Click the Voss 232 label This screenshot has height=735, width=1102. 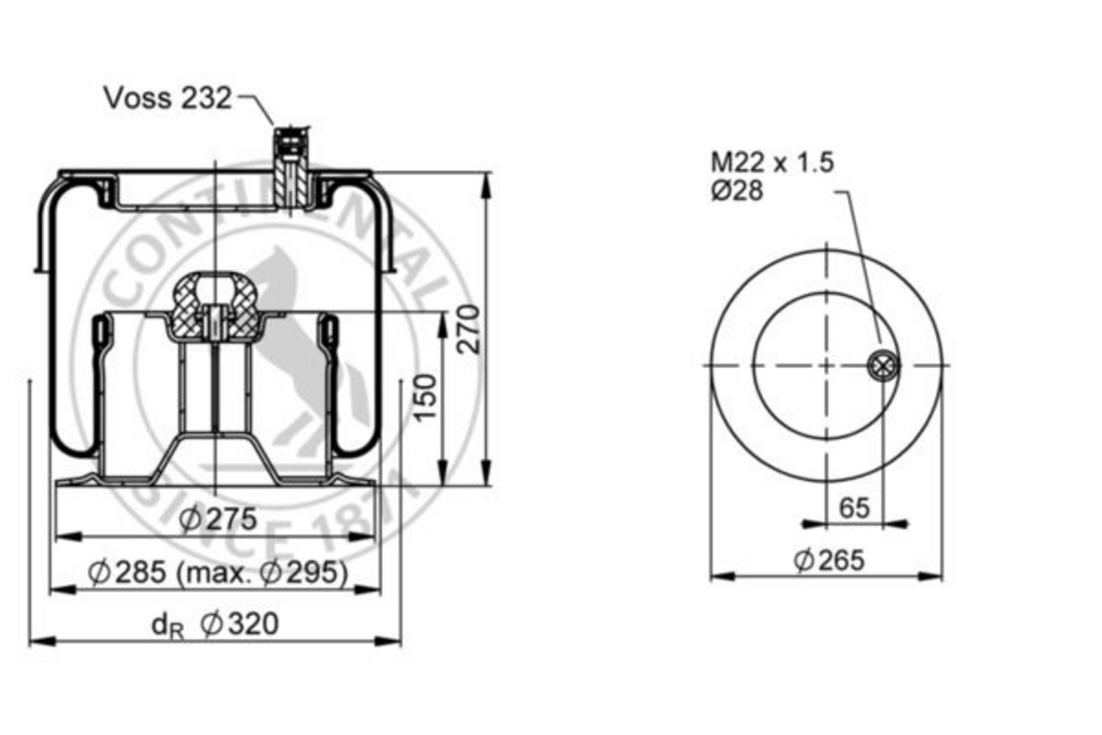tap(168, 98)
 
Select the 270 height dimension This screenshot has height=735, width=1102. tap(469, 329)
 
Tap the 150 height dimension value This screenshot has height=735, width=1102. tap(425, 398)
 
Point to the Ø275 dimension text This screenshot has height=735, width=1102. tap(218, 519)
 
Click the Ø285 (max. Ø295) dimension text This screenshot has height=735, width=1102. tap(218, 572)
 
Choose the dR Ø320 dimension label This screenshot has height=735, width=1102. tap(215, 625)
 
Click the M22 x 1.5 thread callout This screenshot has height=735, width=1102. tap(772, 162)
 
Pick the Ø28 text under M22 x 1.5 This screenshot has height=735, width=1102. tap(737, 191)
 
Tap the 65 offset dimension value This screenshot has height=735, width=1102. tap(854, 508)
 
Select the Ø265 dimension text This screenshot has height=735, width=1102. tap(829, 561)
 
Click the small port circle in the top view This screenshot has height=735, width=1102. tap(882, 365)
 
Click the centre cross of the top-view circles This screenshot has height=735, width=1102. tap(827, 365)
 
